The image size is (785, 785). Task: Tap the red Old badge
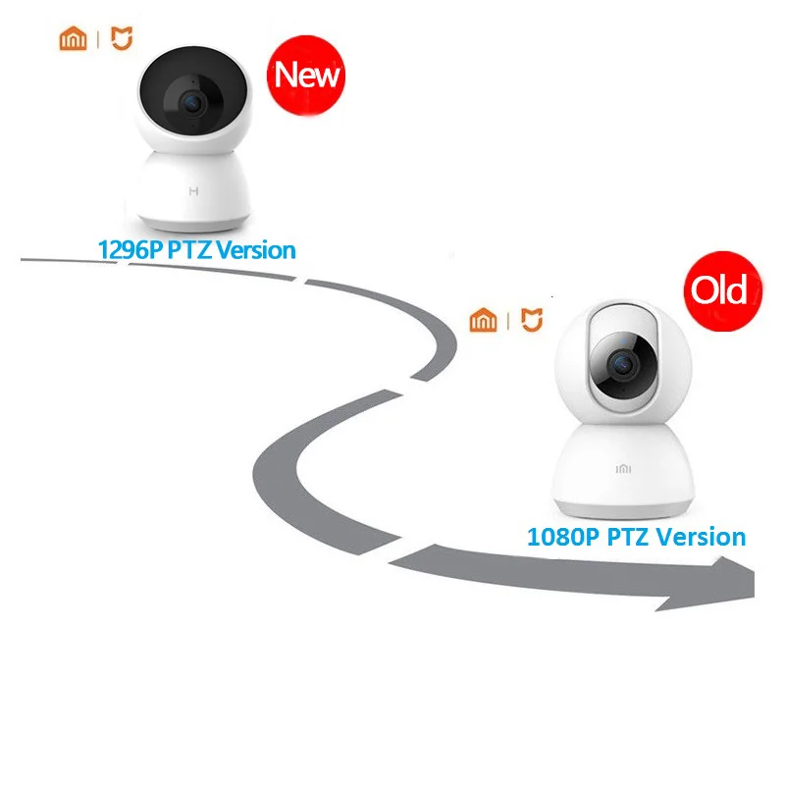click(719, 290)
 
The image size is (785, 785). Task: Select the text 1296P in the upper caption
click(129, 250)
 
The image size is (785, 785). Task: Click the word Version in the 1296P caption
click(255, 250)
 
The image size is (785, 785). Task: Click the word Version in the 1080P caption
click(701, 537)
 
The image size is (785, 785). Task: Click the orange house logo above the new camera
click(73, 38)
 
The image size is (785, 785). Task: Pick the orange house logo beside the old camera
click(483, 320)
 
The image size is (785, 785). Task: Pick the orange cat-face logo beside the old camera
click(530, 320)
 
